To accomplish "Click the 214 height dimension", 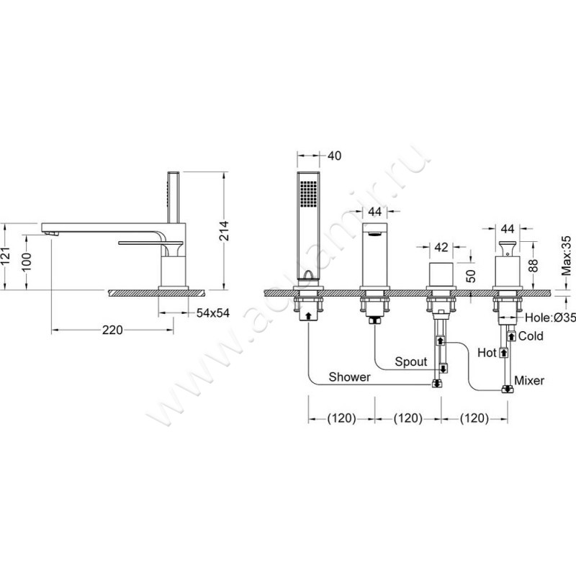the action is click(x=224, y=230).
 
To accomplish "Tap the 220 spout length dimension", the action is click(x=112, y=330).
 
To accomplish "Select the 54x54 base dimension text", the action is click(x=213, y=313).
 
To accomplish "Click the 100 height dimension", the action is click(x=27, y=261).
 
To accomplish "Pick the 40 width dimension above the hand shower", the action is click(x=334, y=156).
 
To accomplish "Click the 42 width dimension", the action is click(x=441, y=247).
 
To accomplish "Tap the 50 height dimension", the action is click(x=472, y=276).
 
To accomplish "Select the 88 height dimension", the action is click(x=535, y=266).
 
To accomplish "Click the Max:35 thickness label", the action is click(x=567, y=256).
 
